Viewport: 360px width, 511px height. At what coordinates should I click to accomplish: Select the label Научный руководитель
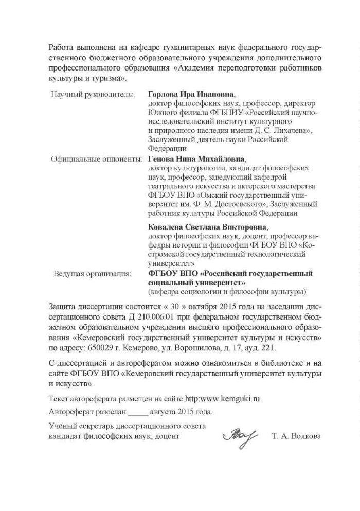click(x=93, y=95)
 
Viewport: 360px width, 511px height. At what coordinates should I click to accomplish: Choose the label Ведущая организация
click(x=93, y=274)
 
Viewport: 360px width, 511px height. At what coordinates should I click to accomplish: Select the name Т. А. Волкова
click(x=296, y=436)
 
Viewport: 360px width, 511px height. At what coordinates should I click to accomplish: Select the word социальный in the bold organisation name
click(x=170, y=283)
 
